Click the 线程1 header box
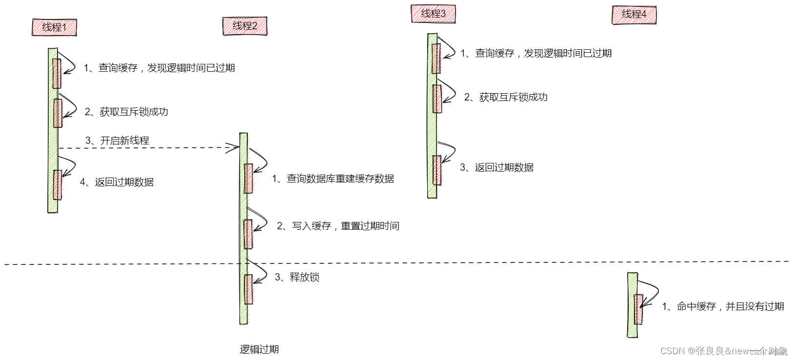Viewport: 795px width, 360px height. click(54, 27)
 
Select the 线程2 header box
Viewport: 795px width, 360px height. click(244, 26)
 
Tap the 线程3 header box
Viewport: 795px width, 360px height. click(433, 14)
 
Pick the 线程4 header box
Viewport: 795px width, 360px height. click(634, 15)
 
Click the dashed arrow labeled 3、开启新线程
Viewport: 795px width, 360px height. click(146, 147)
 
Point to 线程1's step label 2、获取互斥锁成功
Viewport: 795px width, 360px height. click(126, 112)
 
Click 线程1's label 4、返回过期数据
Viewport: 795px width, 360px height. click(117, 182)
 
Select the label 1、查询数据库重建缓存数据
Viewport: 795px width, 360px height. click(333, 179)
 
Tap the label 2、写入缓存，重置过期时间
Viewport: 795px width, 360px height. click(338, 226)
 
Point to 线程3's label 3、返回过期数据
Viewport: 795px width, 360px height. click(497, 167)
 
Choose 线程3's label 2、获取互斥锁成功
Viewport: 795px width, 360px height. click(505, 97)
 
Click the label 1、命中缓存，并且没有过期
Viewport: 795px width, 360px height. click(722, 306)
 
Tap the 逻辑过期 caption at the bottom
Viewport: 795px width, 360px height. click(259, 349)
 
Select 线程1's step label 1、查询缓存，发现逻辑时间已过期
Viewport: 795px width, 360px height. click(159, 68)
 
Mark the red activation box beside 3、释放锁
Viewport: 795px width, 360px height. click(248, 289)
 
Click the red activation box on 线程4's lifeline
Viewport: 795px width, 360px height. click(638, 309)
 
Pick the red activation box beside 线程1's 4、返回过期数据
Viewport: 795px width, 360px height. click(57, 185)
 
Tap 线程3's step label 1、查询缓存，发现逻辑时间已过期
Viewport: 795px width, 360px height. click(536, 53)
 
